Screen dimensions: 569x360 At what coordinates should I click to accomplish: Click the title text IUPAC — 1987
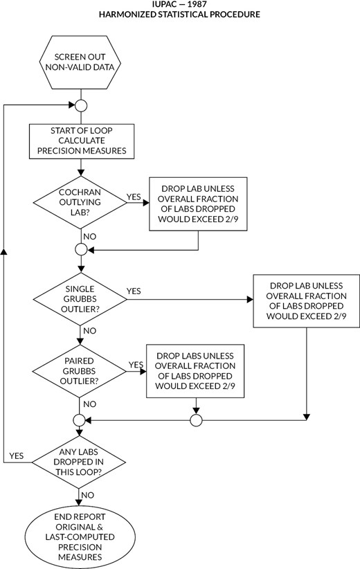coord(179,3)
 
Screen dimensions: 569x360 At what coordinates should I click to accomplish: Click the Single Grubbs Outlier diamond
coord(81,300)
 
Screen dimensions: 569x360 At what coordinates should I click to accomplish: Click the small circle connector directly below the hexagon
coord(81,106)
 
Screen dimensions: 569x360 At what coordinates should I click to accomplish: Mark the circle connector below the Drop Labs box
coord(195,420)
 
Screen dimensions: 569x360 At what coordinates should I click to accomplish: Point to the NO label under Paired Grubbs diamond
coord(89,403)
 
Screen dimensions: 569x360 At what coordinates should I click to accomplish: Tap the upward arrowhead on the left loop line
coord(5,250)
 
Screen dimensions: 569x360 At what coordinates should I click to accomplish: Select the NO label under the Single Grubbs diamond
coord(89,331)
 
